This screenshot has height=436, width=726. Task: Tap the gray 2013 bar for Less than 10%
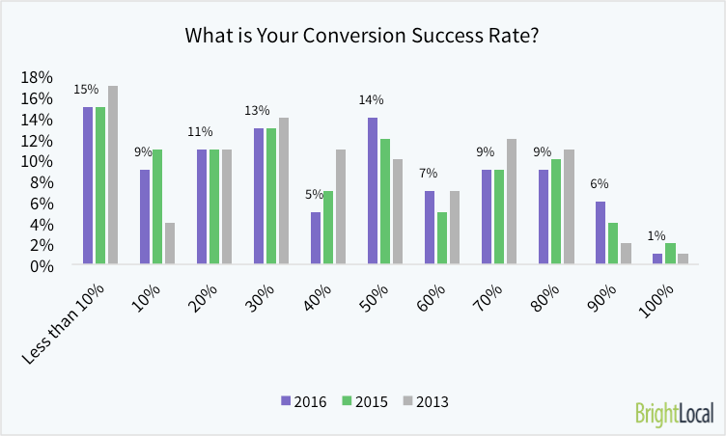pyautogui.click(x=113, y=175)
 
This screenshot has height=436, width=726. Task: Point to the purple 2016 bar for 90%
pyautogui.click(x=600, y=232)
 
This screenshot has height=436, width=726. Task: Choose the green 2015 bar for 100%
pyautogui.click(x=670, y=254)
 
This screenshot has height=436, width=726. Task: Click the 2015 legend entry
pyautogui.click(x=365, y=400)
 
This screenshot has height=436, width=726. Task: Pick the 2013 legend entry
pyautogui.click(x=427, y=400)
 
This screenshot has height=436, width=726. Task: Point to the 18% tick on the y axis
pyautogui.click(x=36, y=77)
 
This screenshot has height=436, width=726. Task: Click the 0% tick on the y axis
pyautogui.click(x=40, y=265)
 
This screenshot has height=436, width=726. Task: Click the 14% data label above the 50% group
pyautogui.click(x=372, y=99)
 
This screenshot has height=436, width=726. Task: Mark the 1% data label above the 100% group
pyautogui.click(x=657, y=236)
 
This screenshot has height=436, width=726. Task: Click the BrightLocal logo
pyautogui.click(x=675, y=414)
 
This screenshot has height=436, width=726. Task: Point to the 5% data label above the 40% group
pyautogui.click(x=316, y=194)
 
